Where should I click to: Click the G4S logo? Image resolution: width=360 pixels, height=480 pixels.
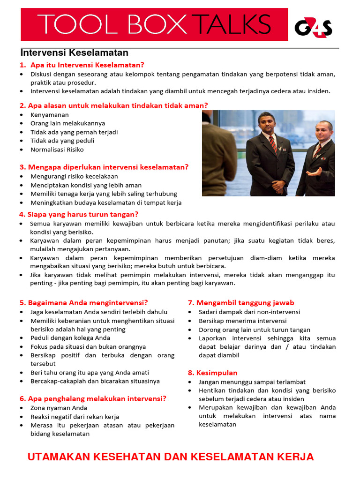313,28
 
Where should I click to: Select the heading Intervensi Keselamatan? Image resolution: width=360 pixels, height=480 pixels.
75,52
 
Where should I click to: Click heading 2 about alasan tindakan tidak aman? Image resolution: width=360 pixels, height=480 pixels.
114,105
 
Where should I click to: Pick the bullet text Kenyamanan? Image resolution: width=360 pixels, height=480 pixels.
50,115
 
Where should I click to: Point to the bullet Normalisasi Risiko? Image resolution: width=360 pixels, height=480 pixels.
57,150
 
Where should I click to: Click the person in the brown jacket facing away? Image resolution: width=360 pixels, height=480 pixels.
218,155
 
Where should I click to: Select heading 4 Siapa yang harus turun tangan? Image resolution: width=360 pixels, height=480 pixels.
79,214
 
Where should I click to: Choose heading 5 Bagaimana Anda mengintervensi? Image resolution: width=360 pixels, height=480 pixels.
83,303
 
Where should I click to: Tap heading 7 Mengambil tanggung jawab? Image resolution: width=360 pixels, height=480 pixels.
241,303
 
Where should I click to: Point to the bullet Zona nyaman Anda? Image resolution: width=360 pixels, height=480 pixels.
59,408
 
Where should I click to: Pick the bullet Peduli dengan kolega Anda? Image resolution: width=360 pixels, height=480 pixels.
70,338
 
